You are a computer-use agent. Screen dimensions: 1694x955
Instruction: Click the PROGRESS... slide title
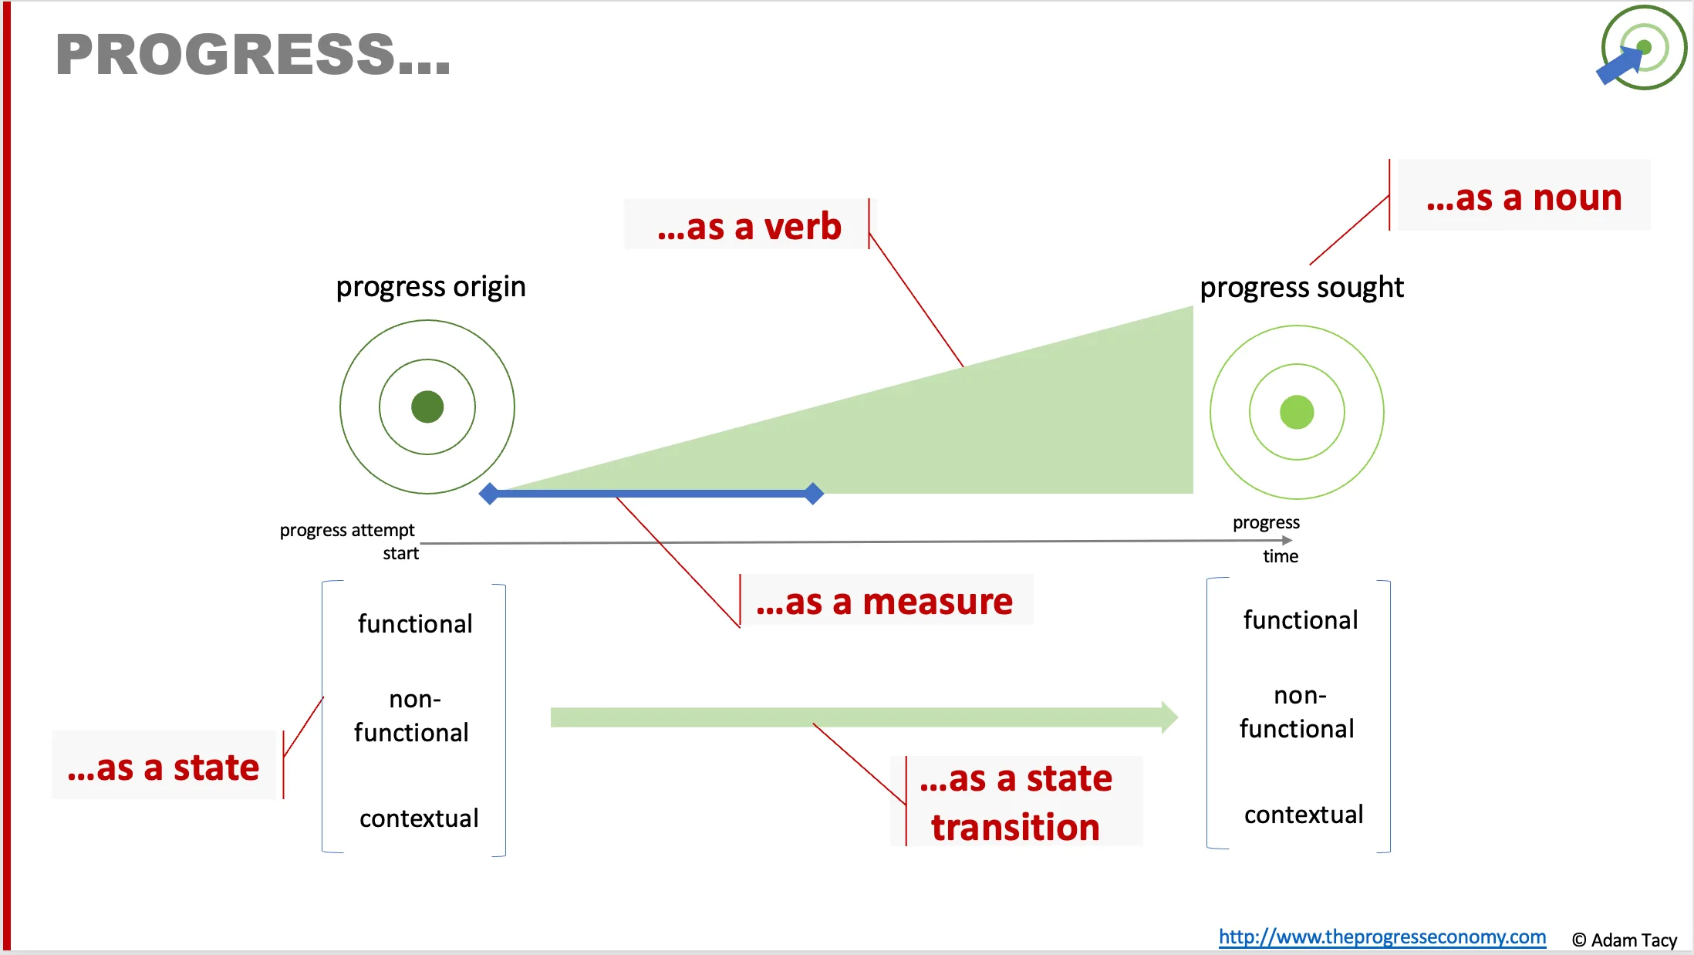coord(253,55)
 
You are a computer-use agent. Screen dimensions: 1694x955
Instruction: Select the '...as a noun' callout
coord(1524,197)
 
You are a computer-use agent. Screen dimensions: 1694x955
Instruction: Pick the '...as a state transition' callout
coord(1016,802)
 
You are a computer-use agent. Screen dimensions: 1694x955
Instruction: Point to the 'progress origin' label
coord(430,287)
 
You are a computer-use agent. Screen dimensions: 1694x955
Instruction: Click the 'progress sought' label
coord(1302,288)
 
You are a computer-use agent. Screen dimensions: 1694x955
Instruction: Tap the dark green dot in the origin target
coord(427,407)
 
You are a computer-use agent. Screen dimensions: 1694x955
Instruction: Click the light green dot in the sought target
coord(1297,412)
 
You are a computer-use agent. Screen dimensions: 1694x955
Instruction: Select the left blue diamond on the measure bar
coord(489,494)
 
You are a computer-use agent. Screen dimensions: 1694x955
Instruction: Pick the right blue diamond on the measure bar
coord(813,494)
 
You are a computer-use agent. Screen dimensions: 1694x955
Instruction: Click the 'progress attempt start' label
coord(349,542)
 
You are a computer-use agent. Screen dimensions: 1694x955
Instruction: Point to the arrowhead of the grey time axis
coord(1286,541)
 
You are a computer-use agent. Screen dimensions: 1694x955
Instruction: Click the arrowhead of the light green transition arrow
coord(1169,717)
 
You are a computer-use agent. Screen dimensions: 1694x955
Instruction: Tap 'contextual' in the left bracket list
coord(419,818)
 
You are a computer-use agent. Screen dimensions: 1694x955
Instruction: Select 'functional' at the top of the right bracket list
coord(1301,619)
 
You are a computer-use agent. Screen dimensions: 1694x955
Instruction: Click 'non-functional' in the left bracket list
coord(412,716)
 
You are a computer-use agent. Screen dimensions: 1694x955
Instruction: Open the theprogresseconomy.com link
coord(1382,936)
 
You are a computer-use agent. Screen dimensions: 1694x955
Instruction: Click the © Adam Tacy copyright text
coord(1625,940)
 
